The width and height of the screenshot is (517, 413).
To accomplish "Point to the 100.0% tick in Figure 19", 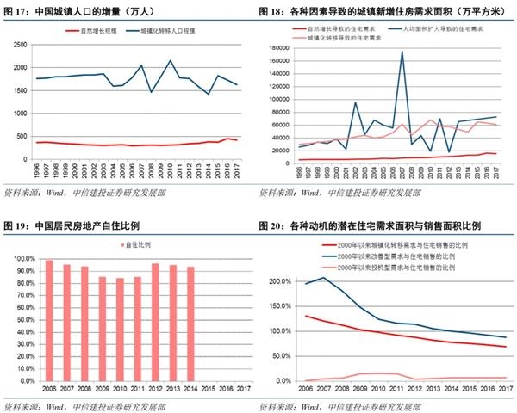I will (x=24, y=259).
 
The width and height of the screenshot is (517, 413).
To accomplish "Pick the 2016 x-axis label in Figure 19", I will (x=226, y=390).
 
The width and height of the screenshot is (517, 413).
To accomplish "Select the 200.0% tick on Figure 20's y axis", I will (x=279, y=282).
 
